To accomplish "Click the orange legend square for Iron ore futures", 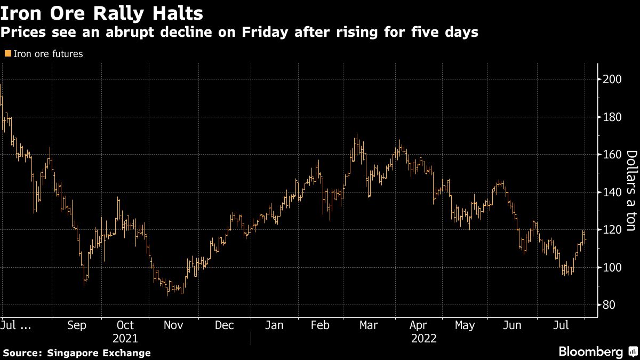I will tap(7, 53).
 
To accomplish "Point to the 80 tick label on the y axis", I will tap(609, 305).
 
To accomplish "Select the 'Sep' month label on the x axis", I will tap(77, 325).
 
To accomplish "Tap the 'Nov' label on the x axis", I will tap(174, 325).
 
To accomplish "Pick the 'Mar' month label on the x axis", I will tap(368, 325).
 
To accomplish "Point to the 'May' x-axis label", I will tap(465, 325).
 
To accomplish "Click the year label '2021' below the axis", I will tap(125, 339).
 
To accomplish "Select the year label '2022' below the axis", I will tap(424, 339).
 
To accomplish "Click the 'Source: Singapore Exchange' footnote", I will tap(77, 353).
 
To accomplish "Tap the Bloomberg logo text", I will tap(590, 352).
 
